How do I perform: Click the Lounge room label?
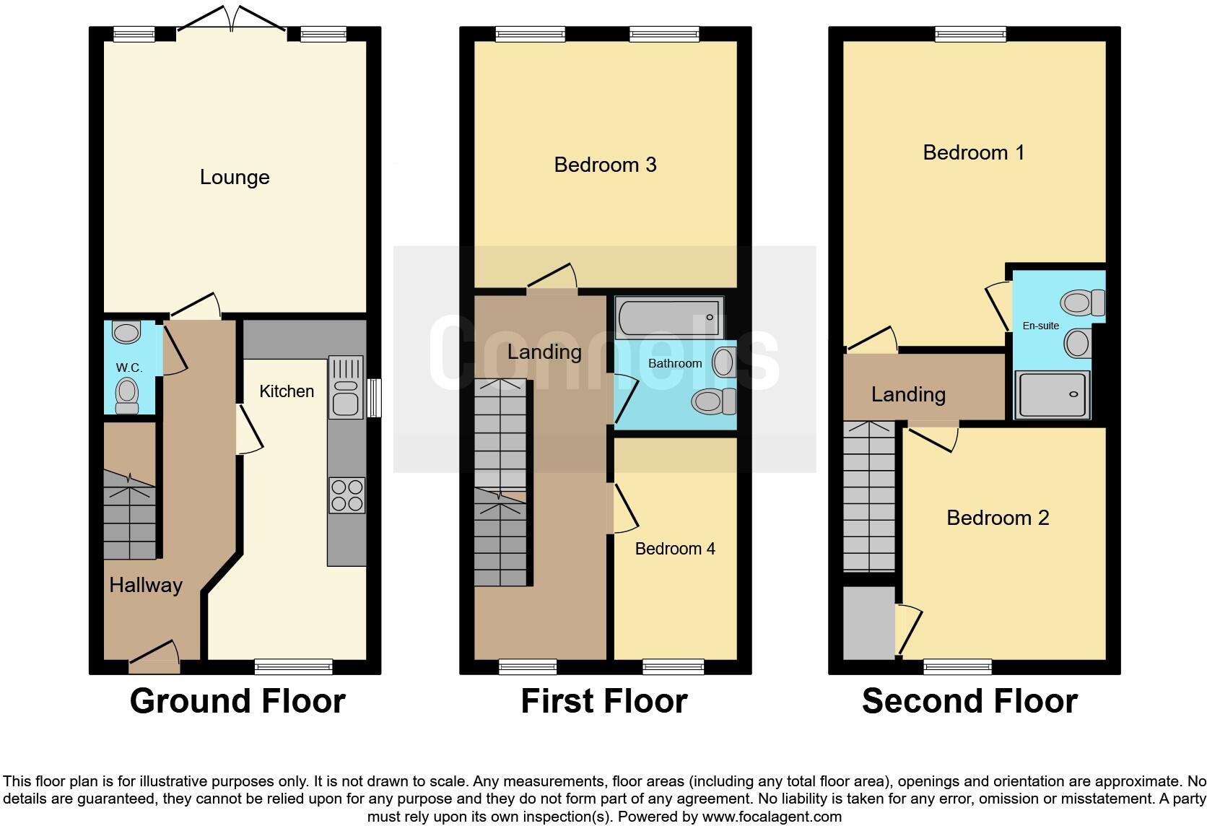235,177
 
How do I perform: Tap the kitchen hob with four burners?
346,495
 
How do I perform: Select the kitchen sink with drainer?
346,387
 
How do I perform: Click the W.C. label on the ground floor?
129,368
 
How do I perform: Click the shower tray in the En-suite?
1052,394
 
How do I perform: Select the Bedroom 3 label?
605,165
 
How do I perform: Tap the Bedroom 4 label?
675,549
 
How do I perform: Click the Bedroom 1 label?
973,152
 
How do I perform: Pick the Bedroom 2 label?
998,518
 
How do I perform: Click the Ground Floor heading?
238,701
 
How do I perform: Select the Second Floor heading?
969,701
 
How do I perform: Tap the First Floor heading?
603,701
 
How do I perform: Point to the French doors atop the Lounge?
232,20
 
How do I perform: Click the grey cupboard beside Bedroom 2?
868,622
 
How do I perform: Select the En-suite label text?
1040,326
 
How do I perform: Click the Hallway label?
146,585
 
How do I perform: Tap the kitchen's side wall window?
373,399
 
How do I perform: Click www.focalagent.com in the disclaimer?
772,817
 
